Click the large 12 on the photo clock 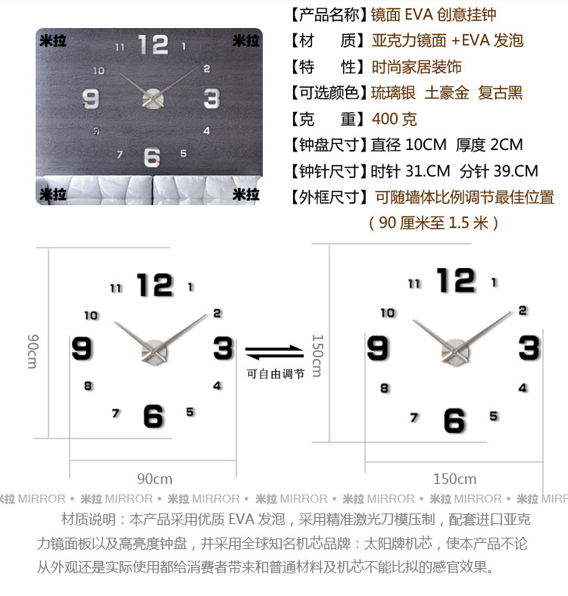pos(153,45)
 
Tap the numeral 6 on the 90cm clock pos(153,417)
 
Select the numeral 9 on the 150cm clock pos(377,348)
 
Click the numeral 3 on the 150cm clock pos(529,348)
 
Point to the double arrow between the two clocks pos(274,352)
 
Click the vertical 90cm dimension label pos(33,351)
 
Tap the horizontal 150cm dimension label pos(454,479)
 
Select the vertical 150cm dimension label pos(317,355)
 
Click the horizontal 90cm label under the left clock pos(154,479)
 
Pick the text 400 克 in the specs pos(395,119)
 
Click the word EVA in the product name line pos(419,14)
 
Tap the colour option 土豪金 pos(447,92)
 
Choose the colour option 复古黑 pos(501,92)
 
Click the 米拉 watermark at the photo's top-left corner pos(53,41)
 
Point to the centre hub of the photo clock pos(153,98)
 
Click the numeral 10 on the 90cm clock pos(91,316)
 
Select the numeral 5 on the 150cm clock pos(494,417)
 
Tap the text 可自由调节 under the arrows pos(276,374)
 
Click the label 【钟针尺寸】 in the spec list pos(329,171)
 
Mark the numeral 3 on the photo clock pos(212,98)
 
